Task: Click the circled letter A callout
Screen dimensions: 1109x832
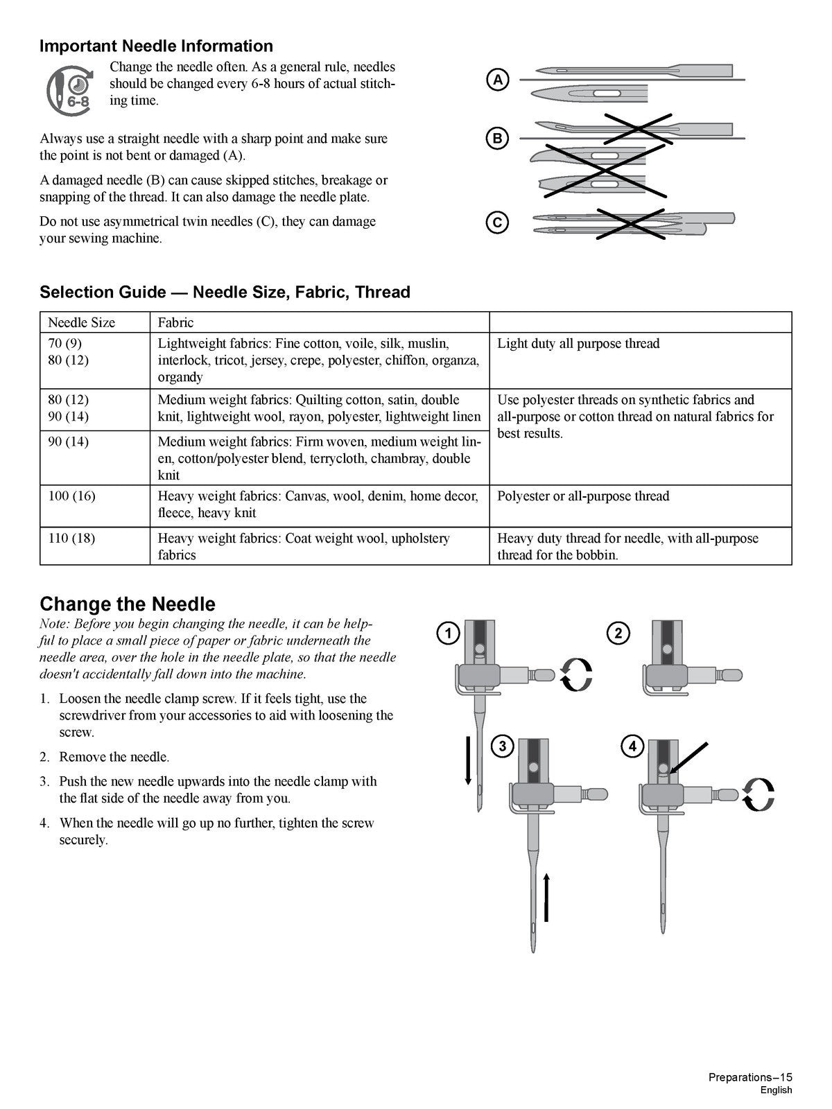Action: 497,80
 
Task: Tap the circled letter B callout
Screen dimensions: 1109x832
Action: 497,139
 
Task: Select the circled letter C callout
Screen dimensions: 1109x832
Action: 497,222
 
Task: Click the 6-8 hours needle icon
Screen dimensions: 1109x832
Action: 69,88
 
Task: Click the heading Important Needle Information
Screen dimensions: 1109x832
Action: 156,46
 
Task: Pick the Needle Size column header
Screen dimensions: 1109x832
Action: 81,322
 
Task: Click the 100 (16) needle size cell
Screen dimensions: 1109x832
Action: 71,496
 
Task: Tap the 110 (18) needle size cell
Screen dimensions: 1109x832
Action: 71,538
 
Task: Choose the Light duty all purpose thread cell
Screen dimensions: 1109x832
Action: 578,344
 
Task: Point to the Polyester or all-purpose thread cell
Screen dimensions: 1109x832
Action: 583,496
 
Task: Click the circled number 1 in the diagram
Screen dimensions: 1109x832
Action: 449,633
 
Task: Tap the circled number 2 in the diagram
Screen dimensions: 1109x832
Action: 618,633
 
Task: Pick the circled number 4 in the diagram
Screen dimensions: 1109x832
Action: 632,746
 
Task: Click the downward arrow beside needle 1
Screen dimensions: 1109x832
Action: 468,760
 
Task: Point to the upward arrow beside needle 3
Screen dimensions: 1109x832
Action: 546,898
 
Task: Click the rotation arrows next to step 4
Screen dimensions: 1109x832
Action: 758,794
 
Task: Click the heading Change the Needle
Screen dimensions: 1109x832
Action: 128,604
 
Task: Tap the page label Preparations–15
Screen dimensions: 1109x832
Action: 749,1077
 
